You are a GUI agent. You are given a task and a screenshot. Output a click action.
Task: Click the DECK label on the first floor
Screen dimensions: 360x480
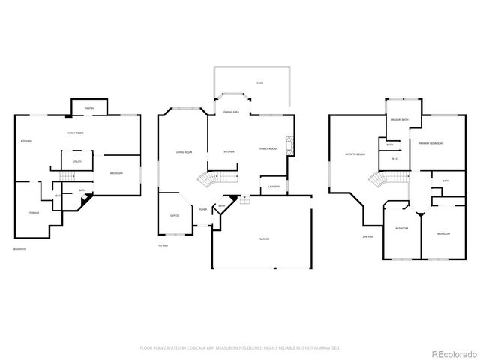click(x=259, y=82)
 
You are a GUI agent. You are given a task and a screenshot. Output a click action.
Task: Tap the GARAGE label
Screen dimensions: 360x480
click(x=265, y=238)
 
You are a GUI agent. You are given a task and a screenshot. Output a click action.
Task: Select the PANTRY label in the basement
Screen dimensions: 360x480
click(x=88, y=108)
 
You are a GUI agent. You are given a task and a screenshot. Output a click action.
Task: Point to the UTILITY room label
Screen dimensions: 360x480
click(x=77, y=161)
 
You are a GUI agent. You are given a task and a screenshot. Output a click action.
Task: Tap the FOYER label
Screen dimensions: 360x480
click(x=203, y=210)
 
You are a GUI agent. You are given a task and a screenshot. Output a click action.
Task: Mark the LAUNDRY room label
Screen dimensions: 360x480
click(x=273, y=186)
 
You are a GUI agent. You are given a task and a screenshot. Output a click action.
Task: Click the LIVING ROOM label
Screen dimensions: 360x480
click(x=184, y=152)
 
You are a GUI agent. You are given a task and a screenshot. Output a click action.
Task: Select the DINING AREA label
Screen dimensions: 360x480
click(x=231, y=112)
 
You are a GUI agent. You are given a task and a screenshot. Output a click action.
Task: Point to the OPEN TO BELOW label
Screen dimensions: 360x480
click(x=355, y=154)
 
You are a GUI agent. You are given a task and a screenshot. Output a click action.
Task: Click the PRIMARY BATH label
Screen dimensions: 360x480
click(x=399, y=120)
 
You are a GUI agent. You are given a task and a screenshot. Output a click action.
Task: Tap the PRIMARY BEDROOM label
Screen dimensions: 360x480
click(x=430, y=143)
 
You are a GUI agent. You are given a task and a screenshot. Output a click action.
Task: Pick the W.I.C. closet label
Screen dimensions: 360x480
click(x=394, y=158)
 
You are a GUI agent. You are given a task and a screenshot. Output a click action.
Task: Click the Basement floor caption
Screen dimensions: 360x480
click(x=21, y=248)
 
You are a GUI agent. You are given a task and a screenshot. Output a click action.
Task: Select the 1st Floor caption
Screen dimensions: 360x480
click(x=163, y=245)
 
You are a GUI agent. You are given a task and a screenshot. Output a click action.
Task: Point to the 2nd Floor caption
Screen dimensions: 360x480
click(x=367, y=236)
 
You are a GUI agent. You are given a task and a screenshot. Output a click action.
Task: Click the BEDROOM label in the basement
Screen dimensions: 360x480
click(x=116, y=173)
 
